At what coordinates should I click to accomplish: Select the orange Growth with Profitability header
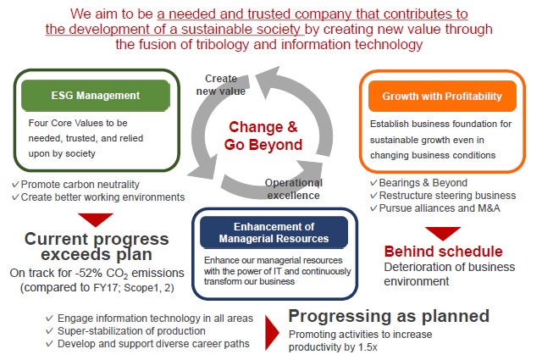click(447, 97)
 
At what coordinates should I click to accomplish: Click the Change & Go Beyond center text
click(263, 136)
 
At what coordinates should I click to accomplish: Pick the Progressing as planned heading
click(389, 316)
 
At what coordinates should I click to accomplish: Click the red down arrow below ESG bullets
click(95, 219)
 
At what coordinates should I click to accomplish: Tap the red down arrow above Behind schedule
click(442, 232)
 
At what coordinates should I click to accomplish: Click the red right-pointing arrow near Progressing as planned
click(271, 332)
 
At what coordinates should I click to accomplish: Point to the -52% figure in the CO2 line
click(94, 274)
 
